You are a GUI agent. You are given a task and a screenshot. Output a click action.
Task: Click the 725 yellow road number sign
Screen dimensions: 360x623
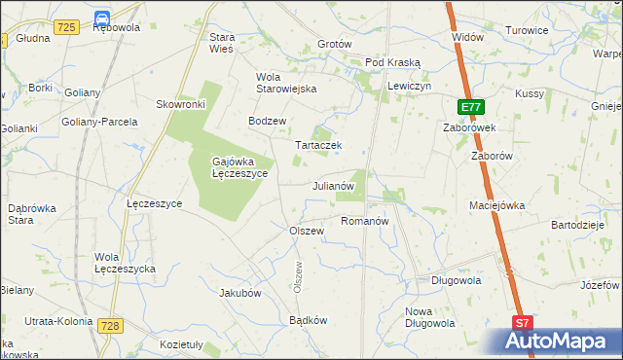pyautogui.click(x=66, y=28)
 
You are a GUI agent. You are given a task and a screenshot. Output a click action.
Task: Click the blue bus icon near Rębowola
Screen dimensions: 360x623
pyautogui.click(x=103, y=16)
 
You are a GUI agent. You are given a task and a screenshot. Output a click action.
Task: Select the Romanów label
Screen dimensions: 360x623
pyautogui.click(x=365, y=221)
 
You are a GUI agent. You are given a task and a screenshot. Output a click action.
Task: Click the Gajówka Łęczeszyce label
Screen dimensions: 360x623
pyautogui.click(x=239, y=167)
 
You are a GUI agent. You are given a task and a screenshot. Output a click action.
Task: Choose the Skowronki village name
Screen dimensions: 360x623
pyautogui.click(x=180, y=104)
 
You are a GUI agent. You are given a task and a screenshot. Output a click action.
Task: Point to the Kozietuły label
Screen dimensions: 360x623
pyautogui.click(x=180, y=344)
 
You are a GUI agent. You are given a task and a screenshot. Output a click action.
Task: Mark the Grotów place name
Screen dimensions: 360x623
pyautogui.click(x=334, y=45)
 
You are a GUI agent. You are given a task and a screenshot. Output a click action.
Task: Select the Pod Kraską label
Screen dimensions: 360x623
pyautogui.click(x=392, y=61)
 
